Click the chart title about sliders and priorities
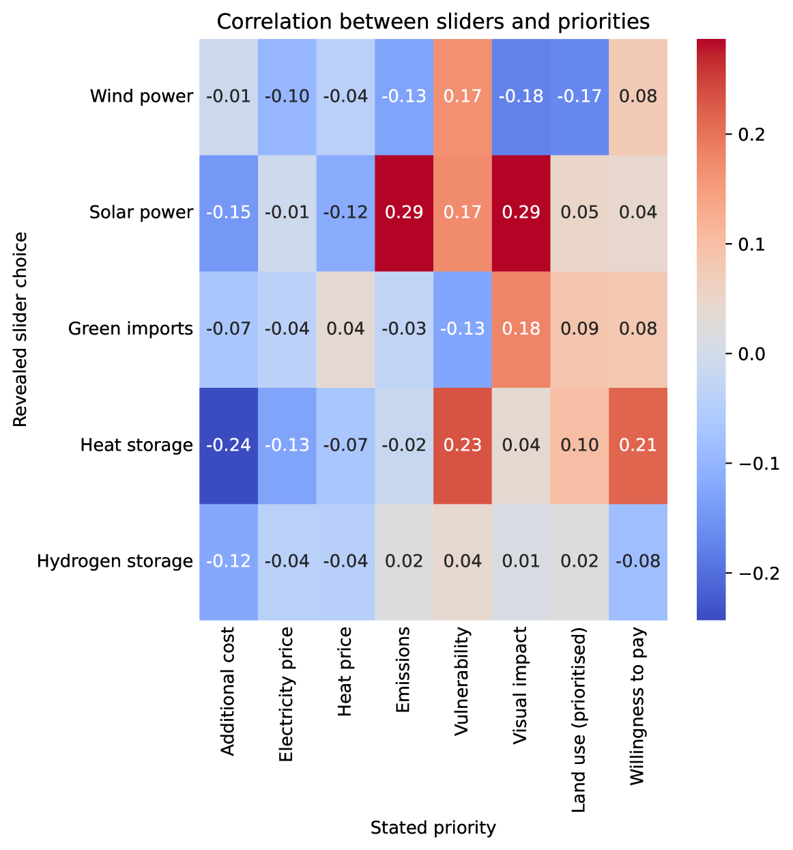coord(433,22)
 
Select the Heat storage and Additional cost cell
coord(229,445)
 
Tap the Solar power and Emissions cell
coord(404,212)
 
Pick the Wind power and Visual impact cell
coord(521,96)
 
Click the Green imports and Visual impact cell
coord(521,329)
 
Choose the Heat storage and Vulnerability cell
coord(463,445)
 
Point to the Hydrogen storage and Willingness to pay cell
coord(637,561)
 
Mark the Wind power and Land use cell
coord(579,96)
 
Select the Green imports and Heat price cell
coord(345,329)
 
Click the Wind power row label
coord(141,96)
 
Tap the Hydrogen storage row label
coord(115,561)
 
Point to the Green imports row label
coord(130,329)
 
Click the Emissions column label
coord(403,671)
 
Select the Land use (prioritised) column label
coord(579,721)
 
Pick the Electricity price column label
coord(287,694)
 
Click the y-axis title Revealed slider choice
coord(20,329)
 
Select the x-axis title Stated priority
coord(433,828)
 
